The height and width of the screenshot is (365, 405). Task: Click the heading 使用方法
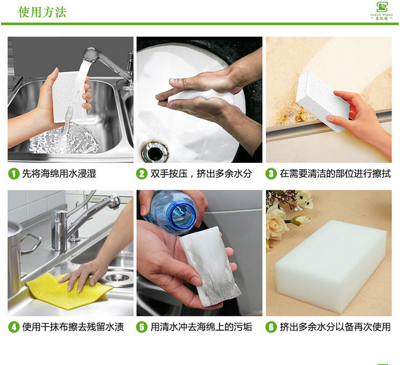pyautogui.click(x=42, y=12)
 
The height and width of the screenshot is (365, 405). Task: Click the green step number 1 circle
pyautogui.click(x=13, y=173)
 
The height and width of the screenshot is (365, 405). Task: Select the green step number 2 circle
pyautogui.click(x=142, y=173)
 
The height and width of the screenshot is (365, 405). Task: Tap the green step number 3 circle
pyautogui.click(x=272, y=173)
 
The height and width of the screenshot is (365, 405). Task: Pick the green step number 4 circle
pyautogui.click(x=13, y=327)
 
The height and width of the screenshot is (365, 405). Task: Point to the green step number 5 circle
pyautogui.click(x=142, y=327)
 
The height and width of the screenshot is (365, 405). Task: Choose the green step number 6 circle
pyautogui.click(x=272, y=327)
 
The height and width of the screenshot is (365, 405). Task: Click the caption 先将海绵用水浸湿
pyautogui.click(x=59, y=173)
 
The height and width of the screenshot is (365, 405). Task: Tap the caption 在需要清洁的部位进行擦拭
pyautogui.click(x=335, y=173)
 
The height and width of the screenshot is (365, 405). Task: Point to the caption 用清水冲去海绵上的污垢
pyautogui.click(x=201, y=327)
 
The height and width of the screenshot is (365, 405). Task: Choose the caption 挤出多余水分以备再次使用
pyautogui.click(x=335, y=327)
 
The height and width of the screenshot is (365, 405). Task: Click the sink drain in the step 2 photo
pyautogui.click(x=154, y=151)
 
